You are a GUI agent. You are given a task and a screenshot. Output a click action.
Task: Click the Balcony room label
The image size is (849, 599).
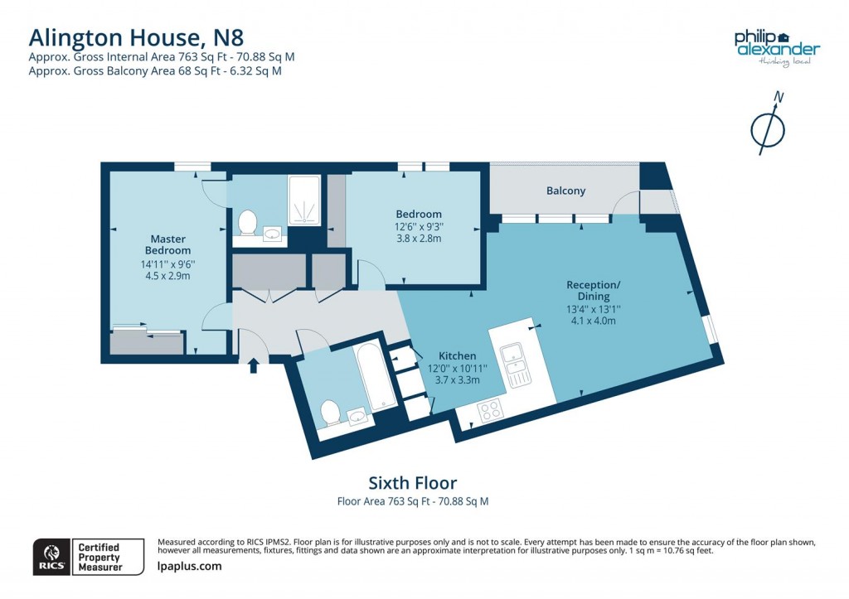click(x=565, y=191)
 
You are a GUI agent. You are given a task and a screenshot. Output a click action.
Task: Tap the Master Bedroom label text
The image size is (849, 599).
click(x=167, y=244)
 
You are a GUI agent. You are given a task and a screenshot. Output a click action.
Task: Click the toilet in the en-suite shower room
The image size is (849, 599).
click(x=247, y=221)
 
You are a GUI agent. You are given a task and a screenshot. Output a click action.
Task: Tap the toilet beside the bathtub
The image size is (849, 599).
click(x=329, y=412)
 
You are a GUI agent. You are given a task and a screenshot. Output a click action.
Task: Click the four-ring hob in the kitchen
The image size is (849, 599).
click(x=491, y=410)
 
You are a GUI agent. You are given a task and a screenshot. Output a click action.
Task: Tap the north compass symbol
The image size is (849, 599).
click(x=768, y=124)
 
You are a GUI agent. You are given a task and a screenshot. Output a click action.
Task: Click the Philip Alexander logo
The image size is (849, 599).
click(x=777, y=48)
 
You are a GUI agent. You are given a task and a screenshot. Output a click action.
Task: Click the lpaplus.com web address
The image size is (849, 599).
click(x=189, y=566)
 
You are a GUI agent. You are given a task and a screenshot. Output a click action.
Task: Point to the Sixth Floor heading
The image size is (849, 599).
click(x=412, y=482)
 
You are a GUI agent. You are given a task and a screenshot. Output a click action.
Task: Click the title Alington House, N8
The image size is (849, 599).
click(x=136, y=37)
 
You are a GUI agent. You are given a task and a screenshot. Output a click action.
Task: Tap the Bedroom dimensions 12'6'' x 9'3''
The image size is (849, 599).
click(x=418, y=226)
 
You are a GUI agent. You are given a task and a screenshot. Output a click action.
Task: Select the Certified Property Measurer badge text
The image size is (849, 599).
click(x=99, y=557)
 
